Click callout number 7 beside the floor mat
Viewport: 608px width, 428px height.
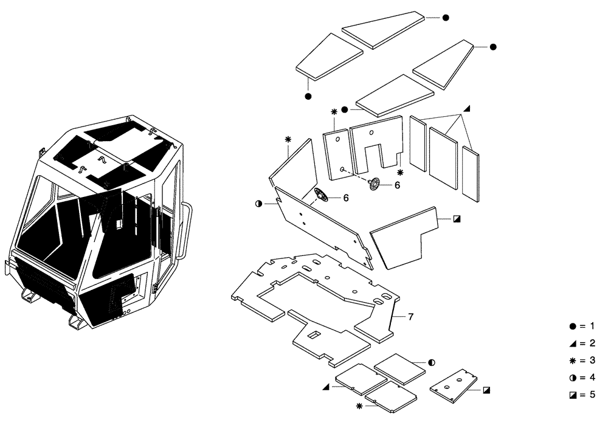410,317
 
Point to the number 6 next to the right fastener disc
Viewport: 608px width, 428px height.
397,185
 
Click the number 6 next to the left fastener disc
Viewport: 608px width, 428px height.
345,198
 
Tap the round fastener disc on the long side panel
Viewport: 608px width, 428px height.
320,196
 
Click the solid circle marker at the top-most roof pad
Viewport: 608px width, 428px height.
445,18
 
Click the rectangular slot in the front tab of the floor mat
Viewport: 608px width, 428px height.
314,335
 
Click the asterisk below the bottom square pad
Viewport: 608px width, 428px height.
359,406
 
